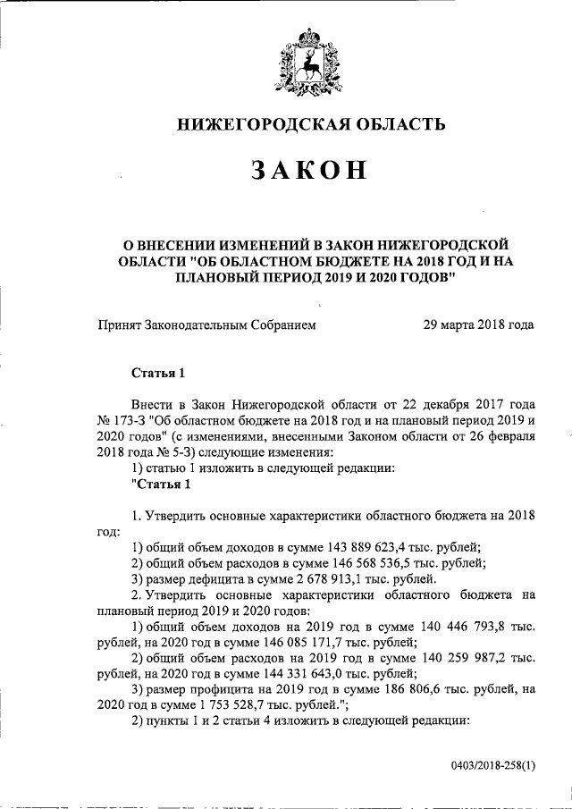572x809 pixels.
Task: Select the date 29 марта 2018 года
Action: [x=479, y=324]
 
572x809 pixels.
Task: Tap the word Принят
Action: [x=122, y=324]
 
